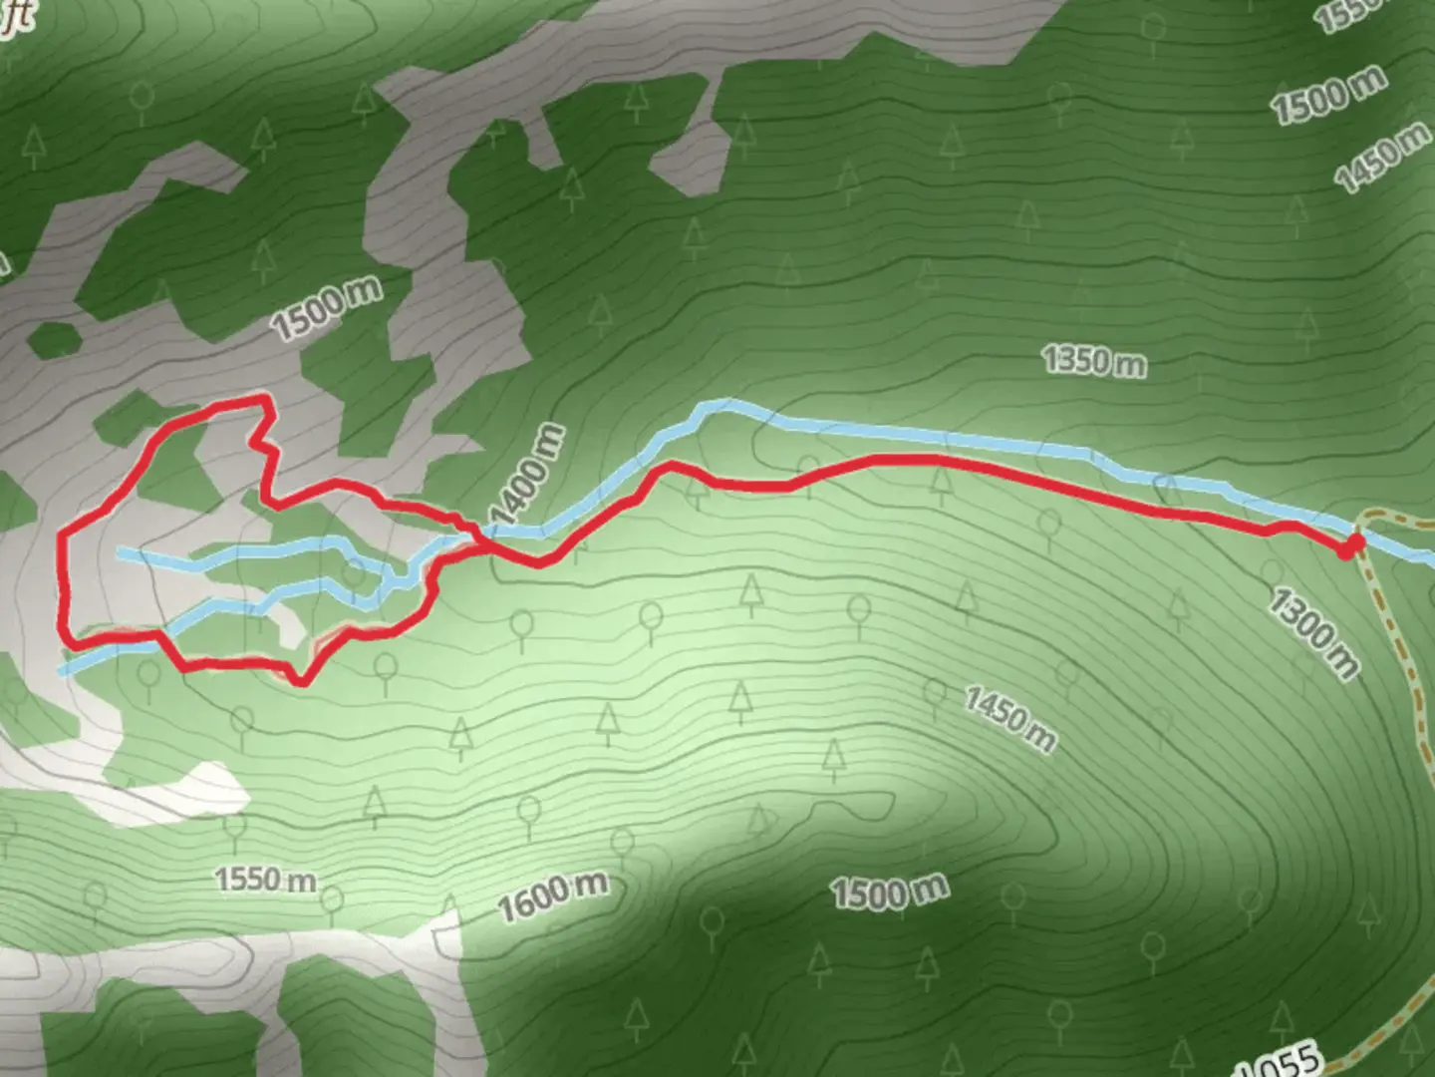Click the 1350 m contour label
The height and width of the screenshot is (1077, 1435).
[1093, 360]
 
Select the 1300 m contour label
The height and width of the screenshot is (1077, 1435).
[1313, 632]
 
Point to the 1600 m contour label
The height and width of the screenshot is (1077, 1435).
[552, 897]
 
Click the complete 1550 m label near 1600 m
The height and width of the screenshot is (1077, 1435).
[265, 879]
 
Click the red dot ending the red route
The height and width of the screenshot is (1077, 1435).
[1350, 545]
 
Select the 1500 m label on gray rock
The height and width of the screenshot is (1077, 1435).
[326, 308]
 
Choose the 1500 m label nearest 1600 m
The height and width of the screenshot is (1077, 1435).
[890, 891]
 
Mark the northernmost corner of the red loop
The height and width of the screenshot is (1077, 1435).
[265, 399]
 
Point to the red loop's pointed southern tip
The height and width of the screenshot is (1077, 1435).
[300, 682]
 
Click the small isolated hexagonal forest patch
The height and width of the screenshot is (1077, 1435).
[54, 339]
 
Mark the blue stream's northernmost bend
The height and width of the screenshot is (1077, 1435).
[725, 404]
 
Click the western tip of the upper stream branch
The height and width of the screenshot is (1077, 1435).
[119, 550]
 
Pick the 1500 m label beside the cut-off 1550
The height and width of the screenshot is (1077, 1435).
[1327, 96]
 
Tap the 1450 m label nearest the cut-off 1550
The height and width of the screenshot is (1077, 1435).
[1383, 158]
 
